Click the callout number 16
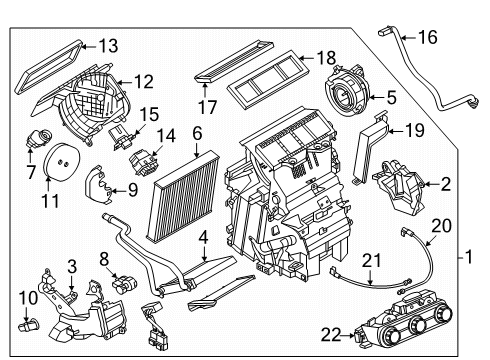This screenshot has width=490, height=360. click(427, 37)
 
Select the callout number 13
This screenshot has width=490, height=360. click(107, 44)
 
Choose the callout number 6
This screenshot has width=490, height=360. click(197, 132)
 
